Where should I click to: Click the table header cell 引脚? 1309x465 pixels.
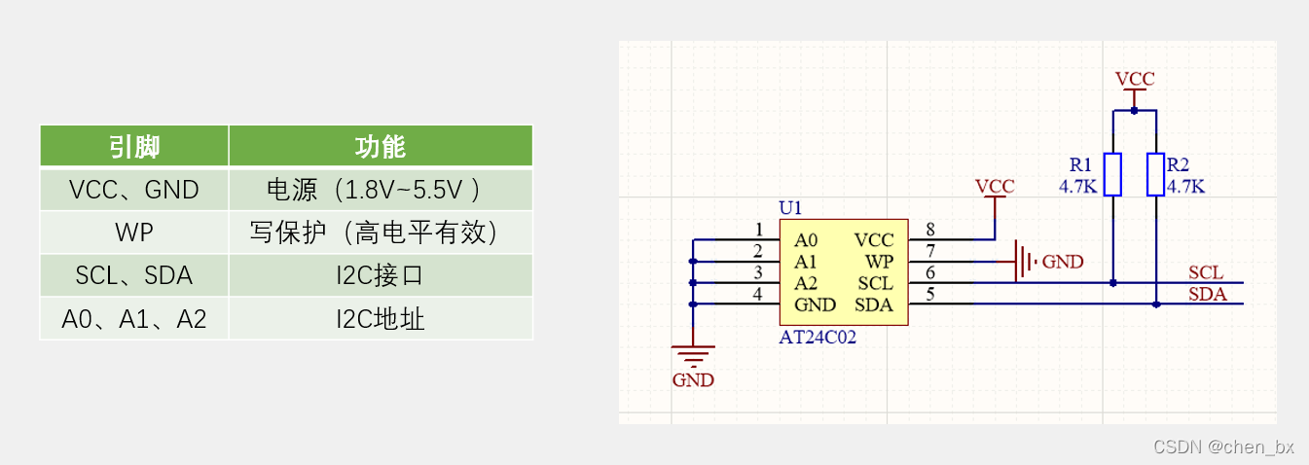[x=134, y=146]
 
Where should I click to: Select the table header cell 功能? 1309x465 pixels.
[x=381, y=146]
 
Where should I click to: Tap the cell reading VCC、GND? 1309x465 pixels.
[x=134, y=190]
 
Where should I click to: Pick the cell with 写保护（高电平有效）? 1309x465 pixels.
[x=381, y=232]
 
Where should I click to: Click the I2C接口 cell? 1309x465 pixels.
[x=381, y=275]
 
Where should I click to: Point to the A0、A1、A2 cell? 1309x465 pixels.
[x=134, y=318]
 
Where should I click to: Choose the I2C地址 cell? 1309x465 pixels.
[x=381, y=318]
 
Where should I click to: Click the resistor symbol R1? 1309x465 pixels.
[x=1113, y=174]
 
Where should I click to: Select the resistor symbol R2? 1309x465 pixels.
[x=1155, y=174]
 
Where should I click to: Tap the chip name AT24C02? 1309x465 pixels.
[x=818, y=339]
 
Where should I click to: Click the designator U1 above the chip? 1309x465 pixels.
[x=791, y=208]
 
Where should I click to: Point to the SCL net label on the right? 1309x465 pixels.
[x=1206, y=273]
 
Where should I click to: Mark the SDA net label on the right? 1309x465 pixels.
[x=1207, y=295]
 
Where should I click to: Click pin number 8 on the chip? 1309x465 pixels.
[x=930, y=230]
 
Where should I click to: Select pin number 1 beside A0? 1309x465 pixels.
[x=759, y=230]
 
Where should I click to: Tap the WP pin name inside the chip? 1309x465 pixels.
[x=880, y=262]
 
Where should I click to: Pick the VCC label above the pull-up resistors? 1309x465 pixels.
[x=1135, y=79]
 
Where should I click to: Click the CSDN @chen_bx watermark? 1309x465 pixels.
[x=1223, y=447]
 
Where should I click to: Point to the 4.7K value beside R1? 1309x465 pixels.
[x=1078, y=186]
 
